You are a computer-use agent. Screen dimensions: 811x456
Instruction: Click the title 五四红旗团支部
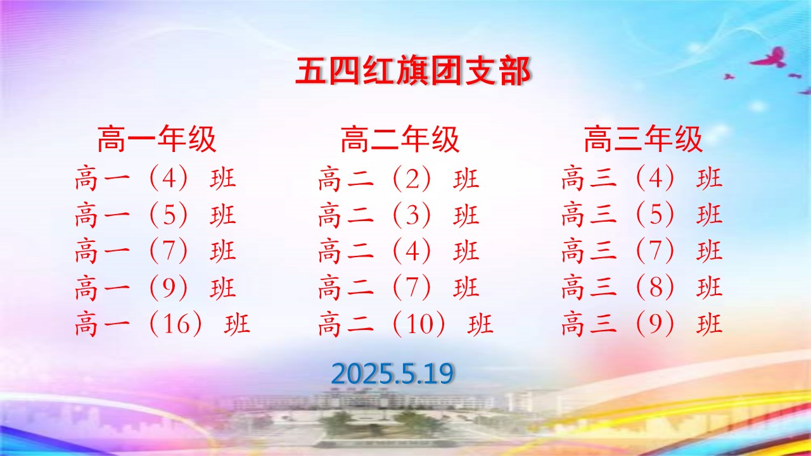click(412, 72)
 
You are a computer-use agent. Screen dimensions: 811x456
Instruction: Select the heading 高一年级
click(156, 139)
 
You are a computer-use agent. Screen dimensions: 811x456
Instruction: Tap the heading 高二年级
click(400, 139)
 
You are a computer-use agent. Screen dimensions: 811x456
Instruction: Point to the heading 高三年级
click(643, 139)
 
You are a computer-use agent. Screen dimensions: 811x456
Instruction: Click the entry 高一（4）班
click(156, 178)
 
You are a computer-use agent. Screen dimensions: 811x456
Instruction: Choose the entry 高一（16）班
click(163, 324)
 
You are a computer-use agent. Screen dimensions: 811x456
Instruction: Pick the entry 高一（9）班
click(156, 288)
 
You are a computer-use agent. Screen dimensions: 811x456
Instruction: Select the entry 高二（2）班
click(399, 178)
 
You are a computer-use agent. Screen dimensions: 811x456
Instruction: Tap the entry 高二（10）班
click(406, 324)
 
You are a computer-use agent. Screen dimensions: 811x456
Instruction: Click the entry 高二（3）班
click(399, 215)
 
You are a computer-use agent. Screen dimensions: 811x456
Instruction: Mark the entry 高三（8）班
click(642, 288)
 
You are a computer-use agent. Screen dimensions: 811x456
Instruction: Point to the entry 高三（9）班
click(642, 324)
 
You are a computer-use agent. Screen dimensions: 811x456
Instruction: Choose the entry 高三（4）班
click(642, 178)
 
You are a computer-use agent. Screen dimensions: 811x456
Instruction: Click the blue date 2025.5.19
click(392, 374)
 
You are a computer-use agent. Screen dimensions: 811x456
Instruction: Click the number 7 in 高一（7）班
click(169, 251)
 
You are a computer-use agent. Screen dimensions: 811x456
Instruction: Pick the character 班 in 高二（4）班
click(466, 251)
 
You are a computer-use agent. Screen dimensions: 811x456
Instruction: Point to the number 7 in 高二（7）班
click(412, 288)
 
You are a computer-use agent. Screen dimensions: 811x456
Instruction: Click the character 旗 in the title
click(412, 72)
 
